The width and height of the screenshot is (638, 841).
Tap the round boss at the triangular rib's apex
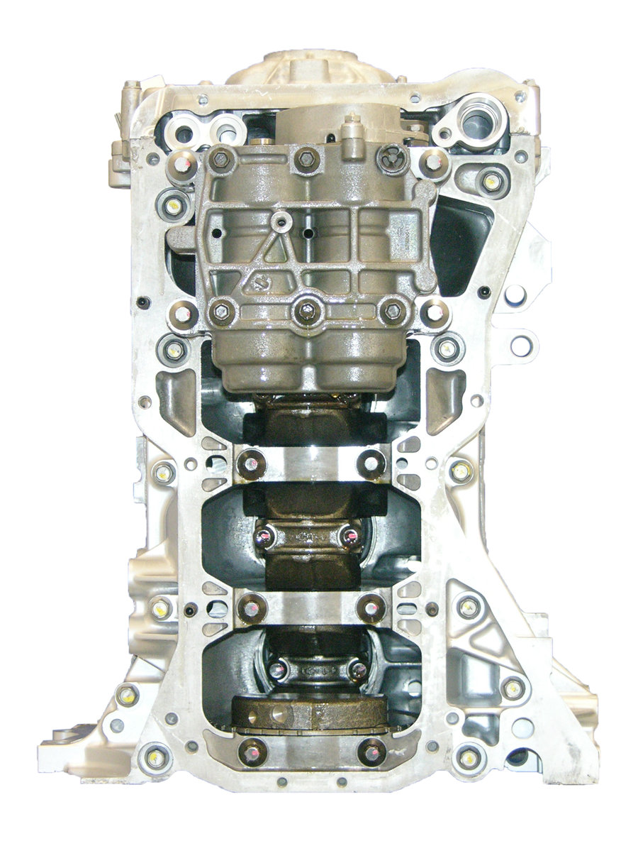[x=282, y=223]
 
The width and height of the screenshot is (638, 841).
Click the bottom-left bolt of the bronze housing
[x=222, y=310]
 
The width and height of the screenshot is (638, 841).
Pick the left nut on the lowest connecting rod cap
[x=279, y=668]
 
